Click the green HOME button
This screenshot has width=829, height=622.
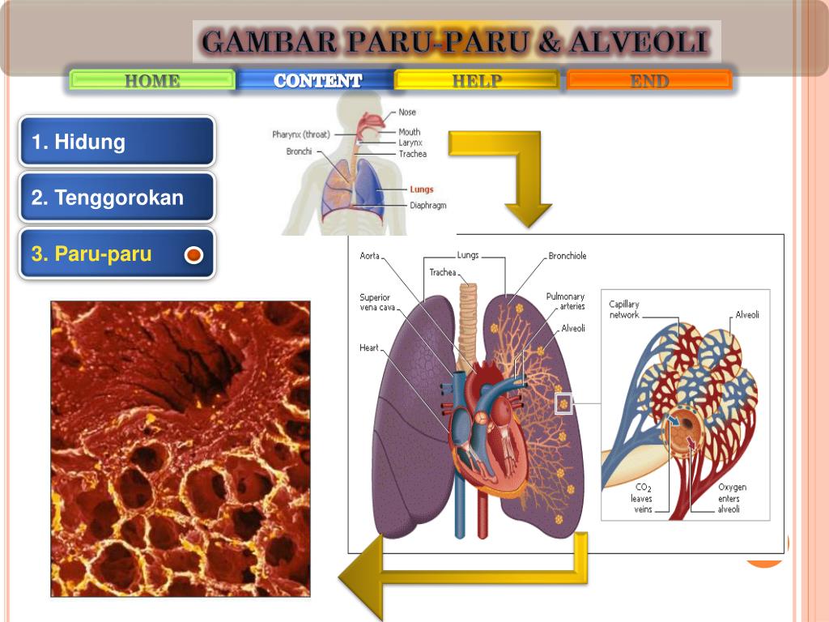pyautogui.click(x=152, y=80)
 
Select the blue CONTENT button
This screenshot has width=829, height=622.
pyautogui.click(x=317, y=80)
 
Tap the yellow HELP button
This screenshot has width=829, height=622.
pyautogui.click(x=476, y=80)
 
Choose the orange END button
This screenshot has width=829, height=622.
pyautogui.click(x=649, y=80)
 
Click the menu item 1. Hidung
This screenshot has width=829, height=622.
pyautogui.click(x=117, y=143)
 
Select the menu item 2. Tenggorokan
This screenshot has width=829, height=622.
pyautogui.click(x=117, y=198)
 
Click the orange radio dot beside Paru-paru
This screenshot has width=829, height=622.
pyautogui.click(x=193, y=256)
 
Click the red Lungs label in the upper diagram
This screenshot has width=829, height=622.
pyautogui.click(x=421, y=190)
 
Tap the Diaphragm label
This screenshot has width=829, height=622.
pyautogui.click(x=427, y=206)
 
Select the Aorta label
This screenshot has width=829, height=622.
pyautogui.click(x=369, y=256)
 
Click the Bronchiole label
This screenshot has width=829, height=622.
pyautogui.click(x=567, y=256)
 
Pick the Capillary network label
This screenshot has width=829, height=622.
pyautogui.click(x=624, y=309)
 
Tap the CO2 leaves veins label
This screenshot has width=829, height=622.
pyautogui.click(x=641, y=498)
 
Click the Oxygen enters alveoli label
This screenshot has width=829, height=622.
pyautogui.click(x=732, y=498)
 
